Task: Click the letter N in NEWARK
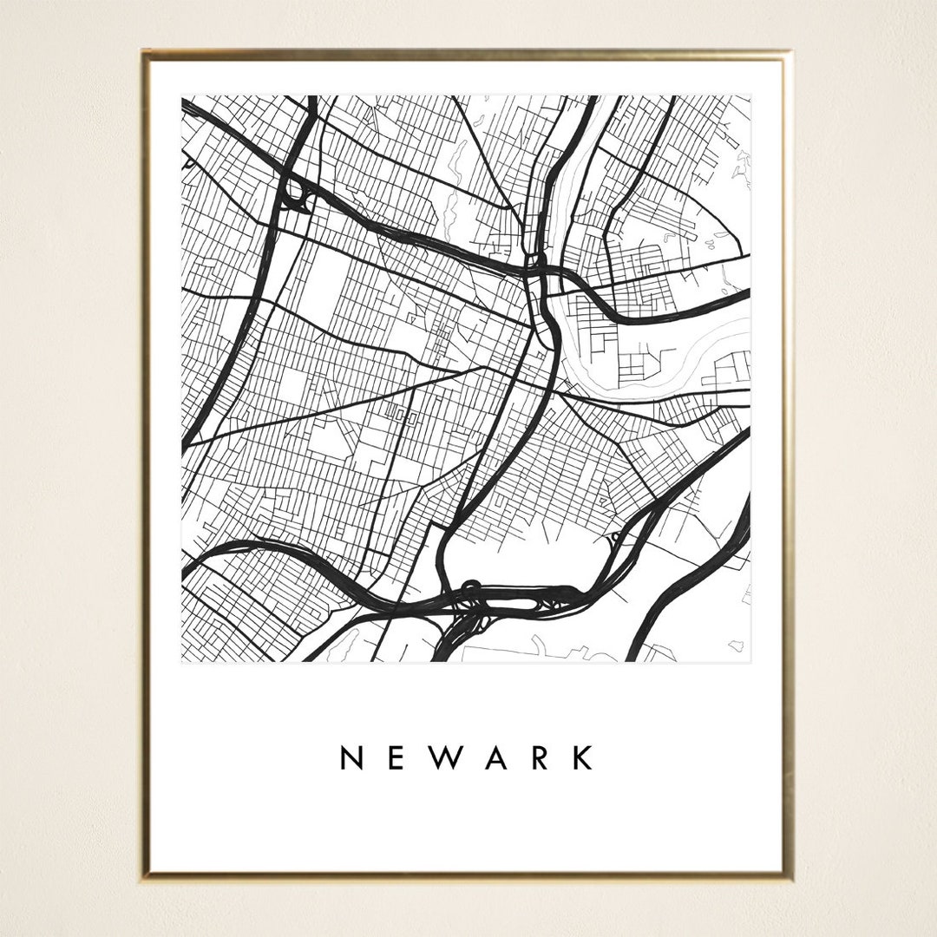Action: click(x=351, y=757)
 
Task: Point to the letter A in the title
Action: click(x=495, y=757)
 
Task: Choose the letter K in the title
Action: click(x=582, y=757)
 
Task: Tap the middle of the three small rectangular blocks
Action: click(x=402, y=416)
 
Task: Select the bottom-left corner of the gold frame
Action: click(x=144, y=876)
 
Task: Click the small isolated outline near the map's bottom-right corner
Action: click(x=736, y=645)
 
